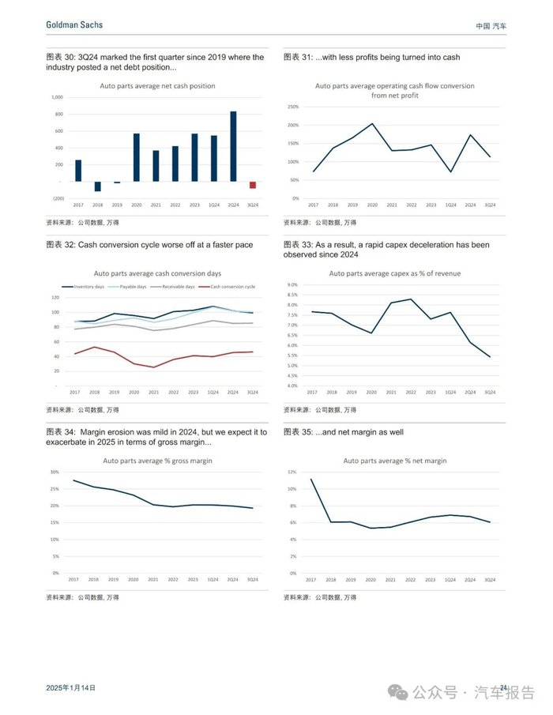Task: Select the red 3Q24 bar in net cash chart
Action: click(x=253, y=185)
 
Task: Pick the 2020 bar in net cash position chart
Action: click(x=136, y=157)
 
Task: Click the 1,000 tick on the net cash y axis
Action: click(x=57, y=97)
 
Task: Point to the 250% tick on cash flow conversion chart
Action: click(x=293, y=107)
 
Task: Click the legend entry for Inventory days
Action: click(x=89, y=287)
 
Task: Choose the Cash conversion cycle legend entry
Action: click(x=229, y=287)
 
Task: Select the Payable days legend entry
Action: click(x=132, y=287)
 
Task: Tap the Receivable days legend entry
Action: click(x=178, y=287)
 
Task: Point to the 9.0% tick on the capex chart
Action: click(x=292, y=284)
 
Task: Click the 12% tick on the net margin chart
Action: click(x=292, y=472)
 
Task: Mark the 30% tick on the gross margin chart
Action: click(x=55, y=472)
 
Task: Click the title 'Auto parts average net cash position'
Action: click(x=156, y=85)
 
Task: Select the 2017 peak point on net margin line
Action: click(x=311, y=479)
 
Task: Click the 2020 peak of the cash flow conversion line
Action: click(x=372, y=123)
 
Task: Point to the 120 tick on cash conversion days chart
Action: click(x=55, y=298)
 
